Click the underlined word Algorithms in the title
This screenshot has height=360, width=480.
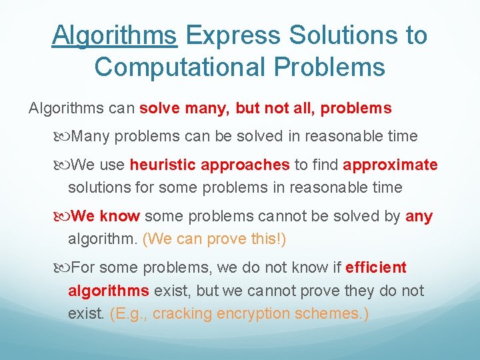(x=115, y=35)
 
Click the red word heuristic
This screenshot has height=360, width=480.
(x=163, y=165)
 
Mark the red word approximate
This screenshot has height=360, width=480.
(x=391, y=165)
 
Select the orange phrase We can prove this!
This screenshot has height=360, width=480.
(x=214, y=239)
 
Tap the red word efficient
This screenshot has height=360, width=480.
(x=375, y=268)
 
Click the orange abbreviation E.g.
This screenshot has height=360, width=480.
(x=127, y=313)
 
